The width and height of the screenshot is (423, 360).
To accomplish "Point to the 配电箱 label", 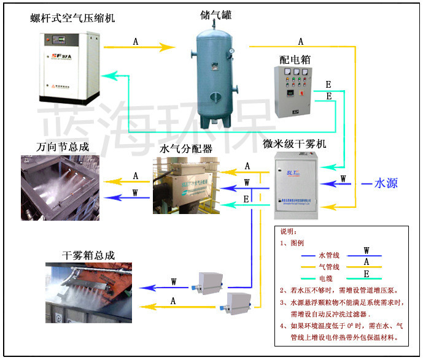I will pos(293,59).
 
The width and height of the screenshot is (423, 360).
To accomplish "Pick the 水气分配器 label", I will pos(186,148).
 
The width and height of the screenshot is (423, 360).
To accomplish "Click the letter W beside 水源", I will pos(343,178).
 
